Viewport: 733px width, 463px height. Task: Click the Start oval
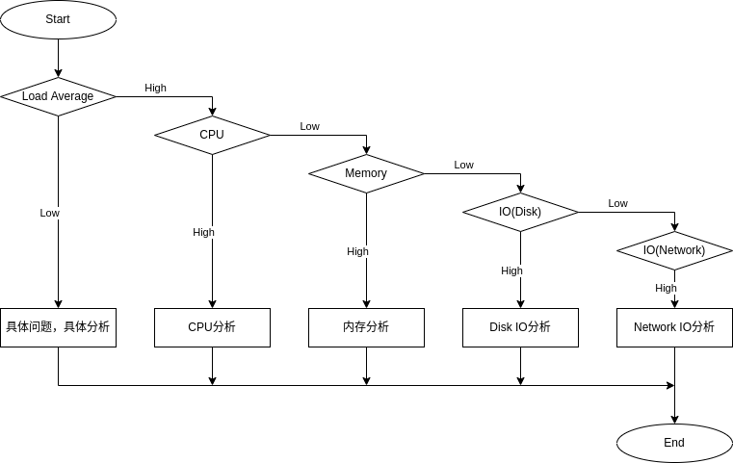tap(58, 19)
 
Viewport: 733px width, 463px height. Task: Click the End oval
tap(674, 443)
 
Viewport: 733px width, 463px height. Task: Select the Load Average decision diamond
tap(58, 96)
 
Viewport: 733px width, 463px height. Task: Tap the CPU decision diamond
tap(212, 135)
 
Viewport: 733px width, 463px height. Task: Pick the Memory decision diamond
tap(366, 173)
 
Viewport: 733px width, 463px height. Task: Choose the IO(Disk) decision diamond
tap(520, 212)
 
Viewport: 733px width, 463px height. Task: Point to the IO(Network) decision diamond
tap(674, 250)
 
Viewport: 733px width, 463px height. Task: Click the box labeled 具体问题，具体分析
tap(58, 327)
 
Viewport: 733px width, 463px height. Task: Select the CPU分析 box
tap(212, 327)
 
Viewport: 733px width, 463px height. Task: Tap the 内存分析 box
tap(366, 327)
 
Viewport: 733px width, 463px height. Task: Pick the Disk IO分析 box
tap(520, 327)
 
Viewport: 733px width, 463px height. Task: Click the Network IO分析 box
tap(674, 327)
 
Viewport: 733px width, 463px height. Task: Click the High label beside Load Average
tap(155, 88)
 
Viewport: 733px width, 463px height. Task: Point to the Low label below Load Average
tap(49, 213)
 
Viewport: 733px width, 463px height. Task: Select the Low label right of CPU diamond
tap(309, 126)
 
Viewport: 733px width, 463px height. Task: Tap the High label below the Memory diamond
tap(357, 251)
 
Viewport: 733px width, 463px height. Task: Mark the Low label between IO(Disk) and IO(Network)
tap(617, 203)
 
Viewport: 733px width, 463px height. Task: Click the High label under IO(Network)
tap(666, 288)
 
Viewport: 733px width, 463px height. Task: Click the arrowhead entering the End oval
tap(674, 419)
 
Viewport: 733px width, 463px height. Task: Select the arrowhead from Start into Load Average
tap(58, 72)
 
